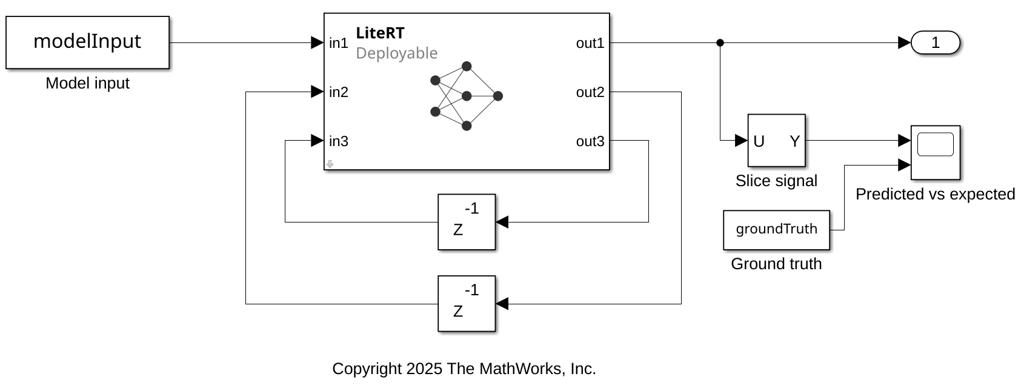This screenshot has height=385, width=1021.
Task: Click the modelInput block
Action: click(x=87, y=42)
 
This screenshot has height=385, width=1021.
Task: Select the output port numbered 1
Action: click(x=935, y=43)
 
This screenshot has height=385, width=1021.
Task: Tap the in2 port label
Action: click(x=339, y=92)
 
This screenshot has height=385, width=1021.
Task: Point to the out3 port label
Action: click(x=590, y=141)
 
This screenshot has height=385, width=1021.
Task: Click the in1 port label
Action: click(x=339, y=43)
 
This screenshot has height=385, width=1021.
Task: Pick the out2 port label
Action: click(x=590, y=92)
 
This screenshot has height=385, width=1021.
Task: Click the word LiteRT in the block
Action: click(x=380, y=33)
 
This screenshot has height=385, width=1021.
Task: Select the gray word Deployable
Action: click(x=396, y=53)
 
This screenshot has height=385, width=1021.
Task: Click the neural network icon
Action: click(x=466, y=96)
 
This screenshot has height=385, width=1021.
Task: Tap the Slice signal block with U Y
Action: click(x=776, y=141)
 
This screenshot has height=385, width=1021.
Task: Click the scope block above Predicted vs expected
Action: click(x=935, y=152)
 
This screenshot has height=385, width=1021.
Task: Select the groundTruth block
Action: click(x=776, y=230)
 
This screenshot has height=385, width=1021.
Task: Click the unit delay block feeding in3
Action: click(x=467, y=222)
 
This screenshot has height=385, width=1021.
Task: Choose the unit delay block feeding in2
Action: click(x=467, y=304)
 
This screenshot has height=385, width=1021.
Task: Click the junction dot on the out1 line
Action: click(x=720, y=43)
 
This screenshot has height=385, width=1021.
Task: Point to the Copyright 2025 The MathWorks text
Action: click(x=464, y=369)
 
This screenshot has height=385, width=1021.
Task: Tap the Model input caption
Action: click(x=87, y=83)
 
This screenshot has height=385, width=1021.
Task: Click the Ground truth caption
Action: click(x=776, y=264)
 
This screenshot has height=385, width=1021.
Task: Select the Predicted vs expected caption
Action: click(x=935, y=194)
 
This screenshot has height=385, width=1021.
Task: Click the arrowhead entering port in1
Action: click(x=317, y=43)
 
